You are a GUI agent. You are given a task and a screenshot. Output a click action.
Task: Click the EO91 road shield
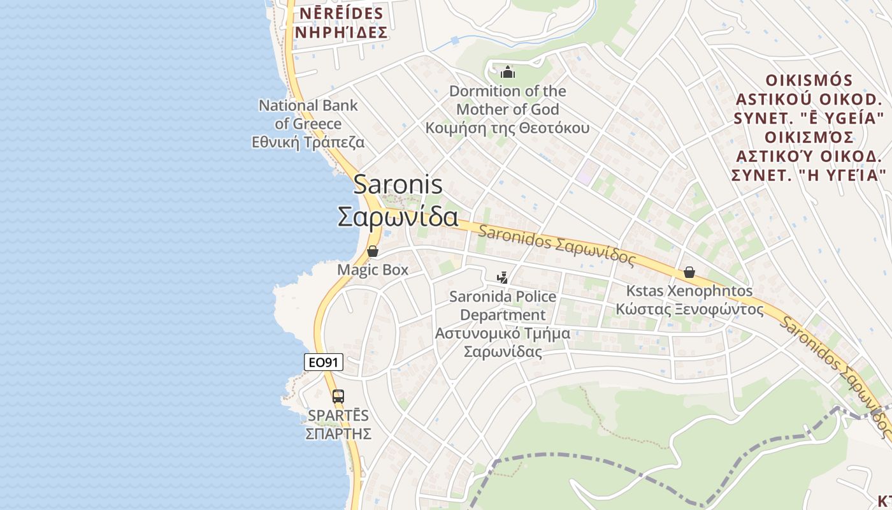click(324, 363)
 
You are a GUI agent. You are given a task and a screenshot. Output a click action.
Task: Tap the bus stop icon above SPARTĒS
click(338, 396)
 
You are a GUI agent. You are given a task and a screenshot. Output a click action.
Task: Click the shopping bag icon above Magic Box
click(373, 251)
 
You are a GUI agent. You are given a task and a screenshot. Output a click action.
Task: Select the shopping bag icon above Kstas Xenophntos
click(689, 272)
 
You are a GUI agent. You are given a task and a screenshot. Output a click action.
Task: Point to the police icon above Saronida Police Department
click(503, 277)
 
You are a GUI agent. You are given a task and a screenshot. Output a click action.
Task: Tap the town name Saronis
click(398, 184)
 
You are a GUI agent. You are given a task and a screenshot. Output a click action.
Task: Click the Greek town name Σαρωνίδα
click(398, 217)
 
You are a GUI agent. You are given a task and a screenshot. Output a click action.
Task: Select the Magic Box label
click(373, 270)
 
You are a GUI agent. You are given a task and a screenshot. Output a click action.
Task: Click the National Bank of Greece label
click(308, 114)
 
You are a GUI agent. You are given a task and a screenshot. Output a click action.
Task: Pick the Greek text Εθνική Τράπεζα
click(308, 142)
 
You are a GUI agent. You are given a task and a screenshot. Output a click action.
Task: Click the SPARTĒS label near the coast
click(338, 415)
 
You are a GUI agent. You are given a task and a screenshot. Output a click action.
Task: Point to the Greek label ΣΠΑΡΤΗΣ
click(338, 434)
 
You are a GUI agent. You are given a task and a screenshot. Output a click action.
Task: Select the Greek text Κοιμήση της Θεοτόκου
click(507, 127)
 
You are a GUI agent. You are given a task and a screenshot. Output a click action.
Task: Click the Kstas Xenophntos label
click(689, 291)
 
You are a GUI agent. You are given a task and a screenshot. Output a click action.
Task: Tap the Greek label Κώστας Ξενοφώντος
click(689, 310)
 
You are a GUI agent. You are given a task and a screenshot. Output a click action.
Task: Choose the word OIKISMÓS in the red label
click(809, 81)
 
